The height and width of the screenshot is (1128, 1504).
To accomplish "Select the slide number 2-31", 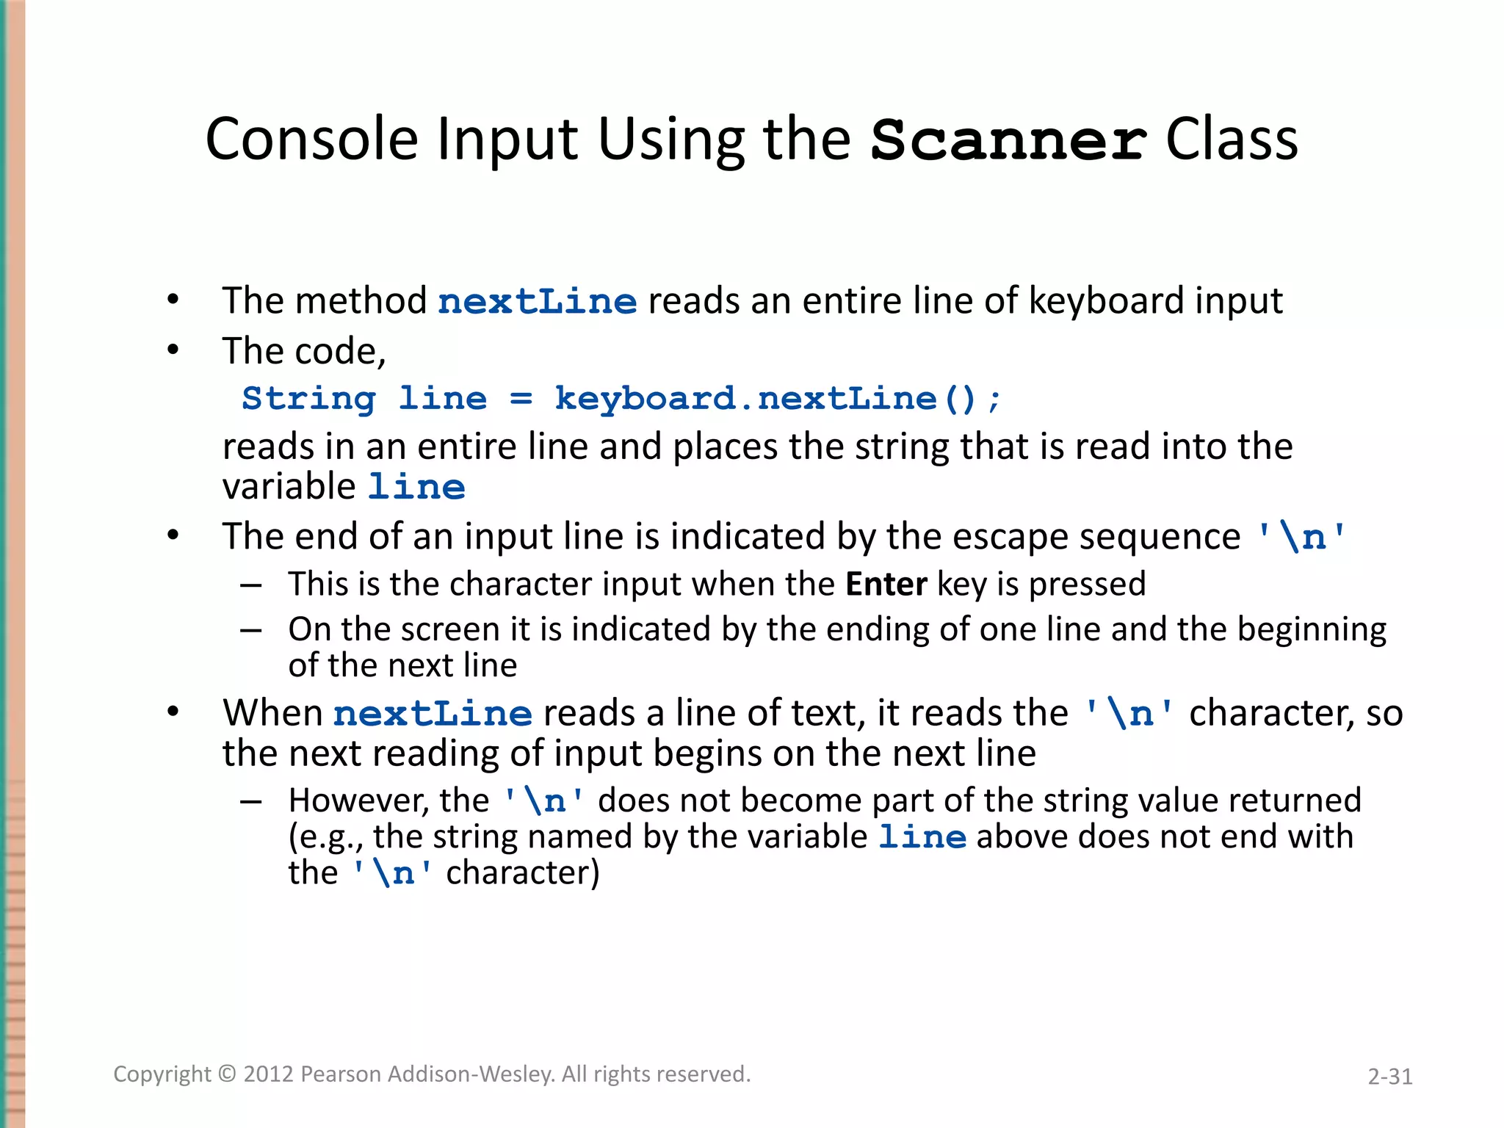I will (1389, 1077).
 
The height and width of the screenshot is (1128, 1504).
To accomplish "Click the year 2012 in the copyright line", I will (269, 1074).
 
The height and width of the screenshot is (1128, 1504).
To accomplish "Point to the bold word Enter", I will (886, 585).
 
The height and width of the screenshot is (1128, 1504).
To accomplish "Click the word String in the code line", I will (308, 399).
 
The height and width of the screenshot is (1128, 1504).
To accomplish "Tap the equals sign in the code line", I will (521, 399).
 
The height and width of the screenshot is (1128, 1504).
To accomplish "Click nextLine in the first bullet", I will (538, 302).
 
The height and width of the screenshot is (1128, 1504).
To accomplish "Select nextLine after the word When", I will (433, 714).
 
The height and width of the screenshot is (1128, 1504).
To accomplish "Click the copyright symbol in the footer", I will (228, 1074).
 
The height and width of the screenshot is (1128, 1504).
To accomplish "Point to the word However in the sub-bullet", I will (358, 800).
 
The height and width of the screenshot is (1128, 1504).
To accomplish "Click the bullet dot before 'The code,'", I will (173, 350).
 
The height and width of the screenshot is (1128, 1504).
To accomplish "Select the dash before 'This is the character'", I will (251, 586).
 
